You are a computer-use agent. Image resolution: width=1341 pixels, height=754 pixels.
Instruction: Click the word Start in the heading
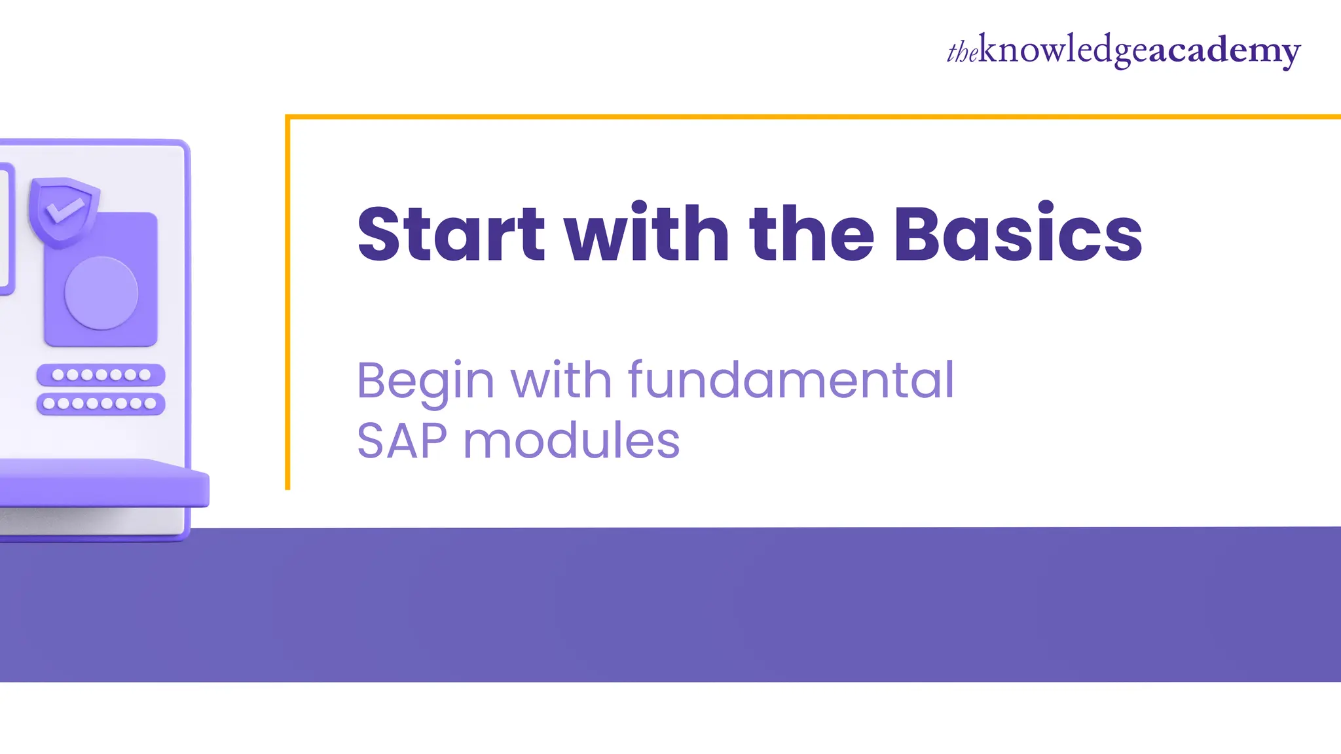(x=450, y=234)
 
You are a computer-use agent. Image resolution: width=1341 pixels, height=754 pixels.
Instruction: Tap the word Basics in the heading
(x=1018, y=234)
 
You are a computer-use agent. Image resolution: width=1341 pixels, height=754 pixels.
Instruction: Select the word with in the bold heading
(x=647, y=234)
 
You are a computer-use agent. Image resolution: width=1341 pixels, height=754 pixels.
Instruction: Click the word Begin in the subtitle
(x=425, y=381)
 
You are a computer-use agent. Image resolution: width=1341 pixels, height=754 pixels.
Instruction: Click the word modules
(x=572, y=441)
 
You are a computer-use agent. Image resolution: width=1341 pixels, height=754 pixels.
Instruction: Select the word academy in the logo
(x=1224, y=51)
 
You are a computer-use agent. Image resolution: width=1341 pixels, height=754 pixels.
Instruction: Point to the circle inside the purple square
(x=101, y=293)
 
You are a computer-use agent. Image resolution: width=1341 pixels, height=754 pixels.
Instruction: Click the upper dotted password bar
(x=101, y=375)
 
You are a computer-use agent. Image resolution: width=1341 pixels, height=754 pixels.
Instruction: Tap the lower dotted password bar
(x=101, y=403)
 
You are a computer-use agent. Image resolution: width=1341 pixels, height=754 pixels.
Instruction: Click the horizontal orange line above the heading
(x=812, y=117)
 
